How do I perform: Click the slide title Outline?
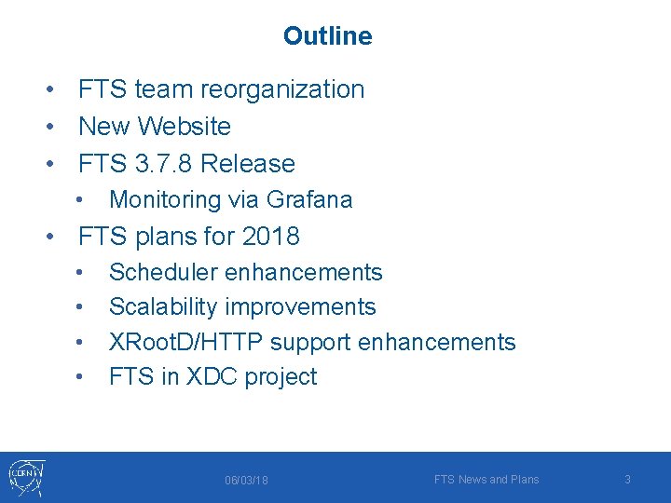point(327,36)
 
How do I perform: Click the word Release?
point(248,164)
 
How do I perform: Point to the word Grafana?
point(309,199)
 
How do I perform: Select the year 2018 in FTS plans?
point(270,237)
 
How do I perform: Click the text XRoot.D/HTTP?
point(186,342)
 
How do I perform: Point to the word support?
point(312,342)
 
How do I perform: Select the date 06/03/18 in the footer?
point(246,480)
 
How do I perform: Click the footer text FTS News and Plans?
point(486,479)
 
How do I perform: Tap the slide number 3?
point(627,479)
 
